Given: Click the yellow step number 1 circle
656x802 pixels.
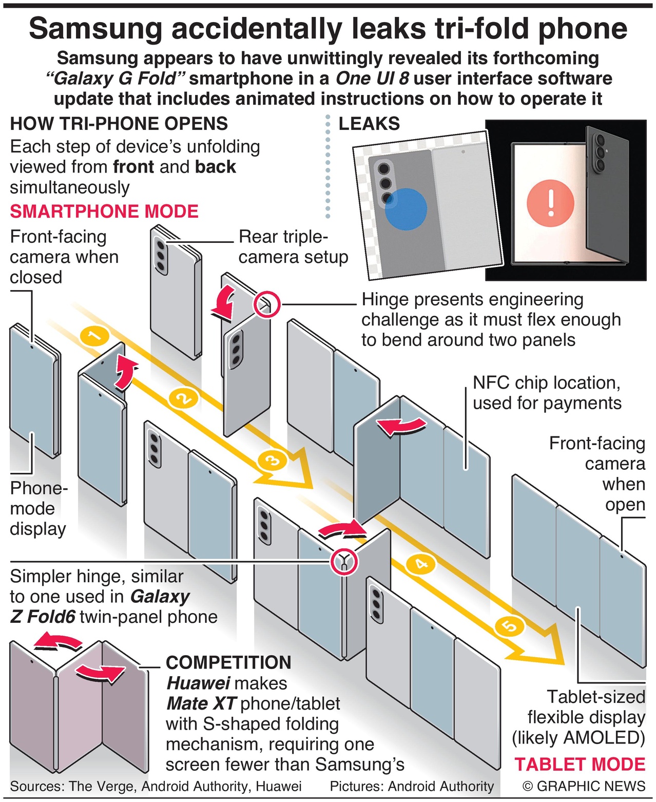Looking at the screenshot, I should pos(94,336).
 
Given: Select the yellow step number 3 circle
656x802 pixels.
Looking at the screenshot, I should pos(273,460).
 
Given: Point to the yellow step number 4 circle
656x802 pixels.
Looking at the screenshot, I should pos(420,564).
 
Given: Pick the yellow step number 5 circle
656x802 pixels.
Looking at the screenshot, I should pos(509,626).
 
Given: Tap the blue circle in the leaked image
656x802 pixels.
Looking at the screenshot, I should pos(406,208).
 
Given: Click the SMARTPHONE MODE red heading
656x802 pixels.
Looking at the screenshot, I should pos(104,212).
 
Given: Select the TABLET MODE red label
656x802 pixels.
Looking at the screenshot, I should pos(580,764).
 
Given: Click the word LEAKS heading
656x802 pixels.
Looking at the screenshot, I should pos(369,124).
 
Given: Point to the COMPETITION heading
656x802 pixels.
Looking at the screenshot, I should pos(228,662).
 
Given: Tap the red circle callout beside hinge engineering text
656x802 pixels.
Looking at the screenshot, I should pos(267,304).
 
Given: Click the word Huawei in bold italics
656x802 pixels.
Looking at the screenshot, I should pos(198,683).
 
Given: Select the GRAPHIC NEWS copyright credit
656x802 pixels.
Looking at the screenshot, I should pos(584,786).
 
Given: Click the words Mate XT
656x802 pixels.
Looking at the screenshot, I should pos(201,703).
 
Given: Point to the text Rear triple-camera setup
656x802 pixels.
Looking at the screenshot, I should pos(293,246).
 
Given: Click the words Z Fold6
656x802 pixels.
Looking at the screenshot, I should pos(43,616).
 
